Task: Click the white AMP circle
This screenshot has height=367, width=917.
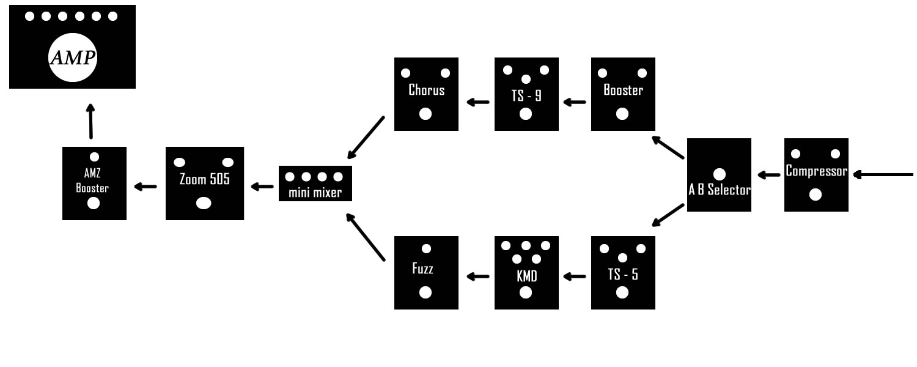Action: pos(73,58)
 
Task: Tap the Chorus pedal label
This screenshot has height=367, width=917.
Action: pos(426,90)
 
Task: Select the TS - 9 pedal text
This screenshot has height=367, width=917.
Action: pos(526,95)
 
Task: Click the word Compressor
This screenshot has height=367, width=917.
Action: pos(816,171)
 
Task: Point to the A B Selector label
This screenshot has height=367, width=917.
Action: pos(719,190)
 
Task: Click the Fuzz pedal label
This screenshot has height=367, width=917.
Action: pos(422,269)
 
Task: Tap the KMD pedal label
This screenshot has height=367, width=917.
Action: pos(526,276)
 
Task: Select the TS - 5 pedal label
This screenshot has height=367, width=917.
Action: pos(623,274)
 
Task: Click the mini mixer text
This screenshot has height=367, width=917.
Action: pos(315,193)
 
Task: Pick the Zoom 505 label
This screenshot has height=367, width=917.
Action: pos(205,180)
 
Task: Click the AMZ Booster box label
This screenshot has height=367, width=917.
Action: pos(92,180)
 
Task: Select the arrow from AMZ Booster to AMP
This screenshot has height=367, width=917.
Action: pos(91,122)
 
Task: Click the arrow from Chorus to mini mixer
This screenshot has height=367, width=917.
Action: pos(365,137)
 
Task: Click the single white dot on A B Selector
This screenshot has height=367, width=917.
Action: pos(720,174)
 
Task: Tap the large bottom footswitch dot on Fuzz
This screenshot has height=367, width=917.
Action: pos(425,292)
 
